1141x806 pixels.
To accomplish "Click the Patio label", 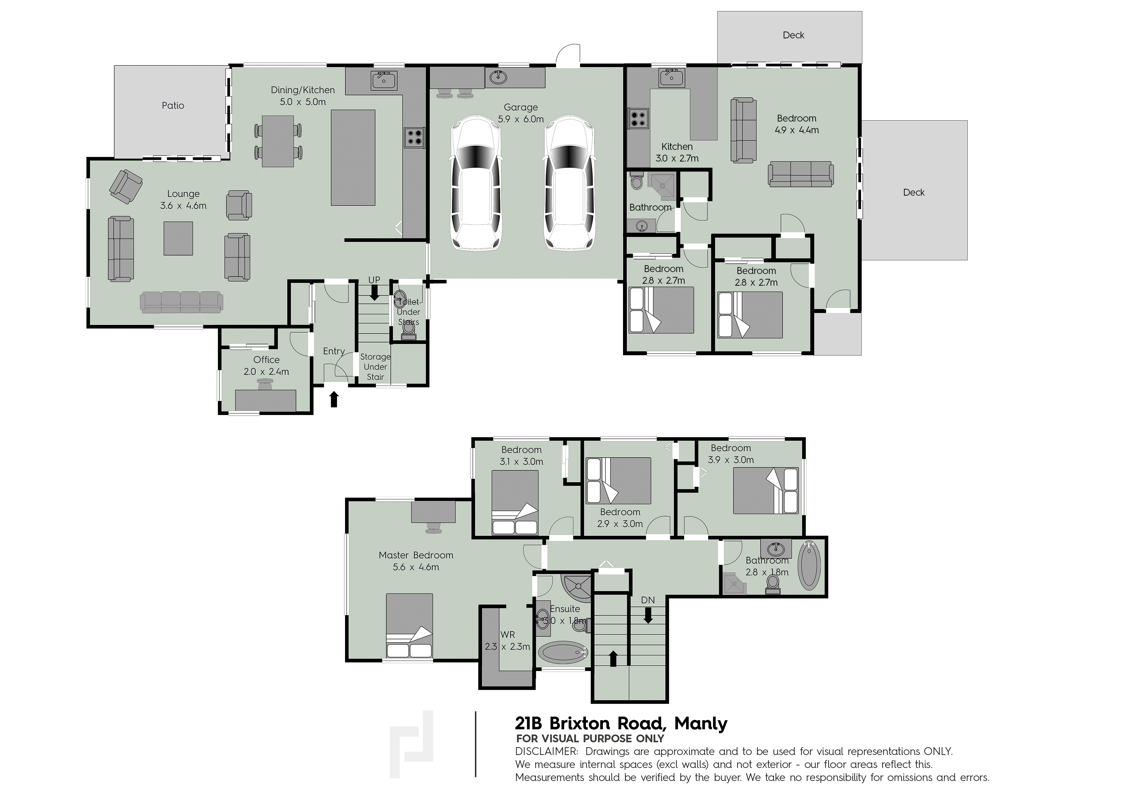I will [173, 105].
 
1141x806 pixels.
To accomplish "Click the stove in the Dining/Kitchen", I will [414, 137].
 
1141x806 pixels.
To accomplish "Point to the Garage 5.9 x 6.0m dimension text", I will [521, 119].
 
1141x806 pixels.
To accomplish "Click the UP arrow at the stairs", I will [374, 295].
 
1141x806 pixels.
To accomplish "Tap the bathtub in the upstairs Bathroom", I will [810, 565].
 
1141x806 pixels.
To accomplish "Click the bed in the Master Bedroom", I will [409, 626].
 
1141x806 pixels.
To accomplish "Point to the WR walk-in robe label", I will [507, 635].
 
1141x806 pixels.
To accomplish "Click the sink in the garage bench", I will [498, 77].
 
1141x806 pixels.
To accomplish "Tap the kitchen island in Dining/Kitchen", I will [353, 157].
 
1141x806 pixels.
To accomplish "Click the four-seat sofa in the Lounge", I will [181, 302].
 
